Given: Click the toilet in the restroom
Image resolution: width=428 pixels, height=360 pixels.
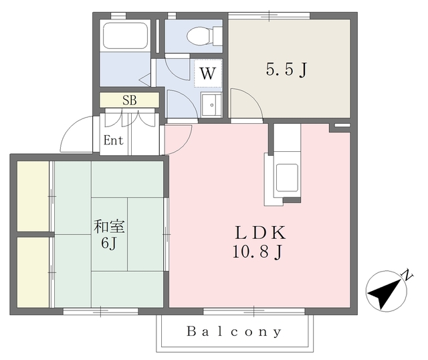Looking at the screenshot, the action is [205, 35].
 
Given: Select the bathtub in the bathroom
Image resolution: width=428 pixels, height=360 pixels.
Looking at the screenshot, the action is [125, 35].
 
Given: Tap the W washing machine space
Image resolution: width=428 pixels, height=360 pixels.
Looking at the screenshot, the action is [208, 73].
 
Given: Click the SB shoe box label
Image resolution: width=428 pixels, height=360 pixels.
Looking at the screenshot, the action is [129, 100].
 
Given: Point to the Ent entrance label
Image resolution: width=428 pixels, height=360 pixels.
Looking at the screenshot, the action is [113, 141].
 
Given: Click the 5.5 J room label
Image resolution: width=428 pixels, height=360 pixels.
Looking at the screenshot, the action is [287, 70].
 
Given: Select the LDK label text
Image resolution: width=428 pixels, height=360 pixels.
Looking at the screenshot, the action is [261, 233].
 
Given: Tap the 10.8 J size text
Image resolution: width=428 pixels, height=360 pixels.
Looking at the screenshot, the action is [257, 252].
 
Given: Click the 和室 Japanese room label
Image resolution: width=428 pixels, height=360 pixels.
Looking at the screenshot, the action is [109, 226].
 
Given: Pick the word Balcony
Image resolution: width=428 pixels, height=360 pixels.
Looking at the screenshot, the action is [234, 332].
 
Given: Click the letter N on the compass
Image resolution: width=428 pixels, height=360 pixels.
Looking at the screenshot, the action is [407, 275].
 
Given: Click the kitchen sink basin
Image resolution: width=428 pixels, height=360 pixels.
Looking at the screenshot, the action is [287, 177].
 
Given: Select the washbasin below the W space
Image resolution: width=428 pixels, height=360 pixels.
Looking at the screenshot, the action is [211, 104].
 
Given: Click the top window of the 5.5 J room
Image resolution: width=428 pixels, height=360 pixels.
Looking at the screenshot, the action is [269, 15].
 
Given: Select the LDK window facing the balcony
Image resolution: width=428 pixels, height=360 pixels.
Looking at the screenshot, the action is [254, 311].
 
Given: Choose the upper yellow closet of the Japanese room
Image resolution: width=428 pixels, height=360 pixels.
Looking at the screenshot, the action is [33, 196].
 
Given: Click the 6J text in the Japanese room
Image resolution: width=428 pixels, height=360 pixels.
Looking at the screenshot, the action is [109, 243].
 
